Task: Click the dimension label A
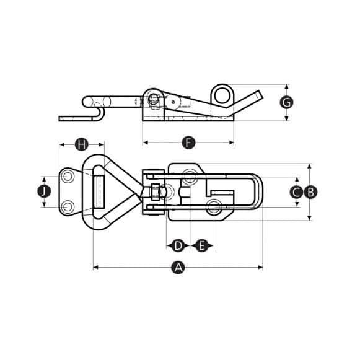(178, 268)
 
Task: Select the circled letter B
(310, 192)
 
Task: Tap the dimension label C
(296, 192)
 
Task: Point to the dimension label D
(178, 246)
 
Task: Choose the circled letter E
(201, 246)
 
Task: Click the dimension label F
(189, 143)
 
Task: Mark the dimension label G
(286, 102)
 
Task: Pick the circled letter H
(81, 144)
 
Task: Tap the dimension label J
(43, 191)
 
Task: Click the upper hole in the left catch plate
(68, 177)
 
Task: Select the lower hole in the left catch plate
(68, 206)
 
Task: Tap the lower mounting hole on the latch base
(214, 206)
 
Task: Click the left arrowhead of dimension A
(95, 268)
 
